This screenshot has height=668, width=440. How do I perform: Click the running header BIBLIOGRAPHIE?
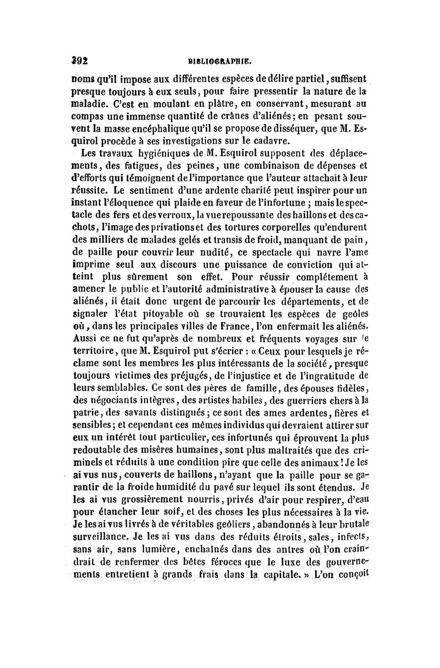tap(221, 63)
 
